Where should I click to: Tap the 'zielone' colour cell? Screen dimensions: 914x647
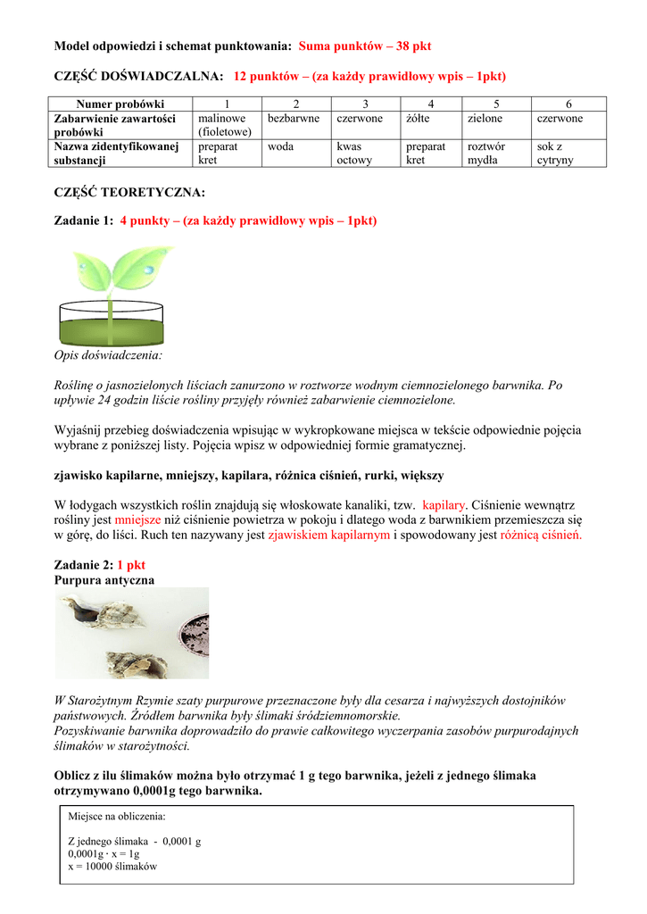pyautogui.click(x=485, y=119)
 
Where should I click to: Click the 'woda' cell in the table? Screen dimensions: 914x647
pyautogui.click(x=281, y=146)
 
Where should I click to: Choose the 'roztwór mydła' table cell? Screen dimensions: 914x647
pyautogui.click(x=486, y=154)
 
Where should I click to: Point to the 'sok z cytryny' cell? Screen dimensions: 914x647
pyautogui.click(x=555, y=154)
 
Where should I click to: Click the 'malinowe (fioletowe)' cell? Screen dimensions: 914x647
pyautogui.click(x=224, y=125)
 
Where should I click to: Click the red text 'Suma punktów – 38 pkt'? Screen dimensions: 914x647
pyautogui.click(x=365, y=45)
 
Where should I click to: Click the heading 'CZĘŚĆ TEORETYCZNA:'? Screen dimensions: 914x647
pyautogui.click(x=129, y=192)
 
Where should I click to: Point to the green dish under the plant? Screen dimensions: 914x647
pyautogui.click(x=112, y=327)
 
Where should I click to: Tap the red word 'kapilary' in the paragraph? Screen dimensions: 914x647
pyautogui.click(x=444, y=503)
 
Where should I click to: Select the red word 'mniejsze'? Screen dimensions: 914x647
pyautogui.click(x=137, y=519)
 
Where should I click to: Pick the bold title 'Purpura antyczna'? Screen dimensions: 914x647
pyautogui.click(x=104, y=580)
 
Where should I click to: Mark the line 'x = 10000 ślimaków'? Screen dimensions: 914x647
pyautogui.click(x=112, y=867)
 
